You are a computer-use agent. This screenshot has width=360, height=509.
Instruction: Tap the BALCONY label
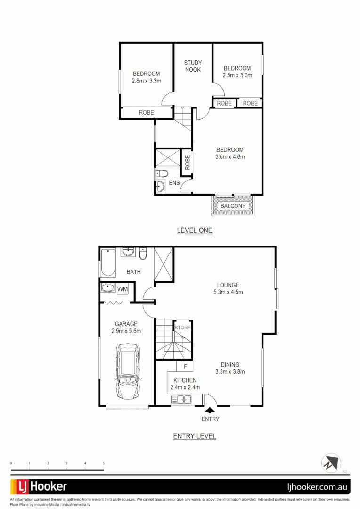click(x=233, y=206)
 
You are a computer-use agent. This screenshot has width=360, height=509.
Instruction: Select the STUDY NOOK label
click(x=193, y=66)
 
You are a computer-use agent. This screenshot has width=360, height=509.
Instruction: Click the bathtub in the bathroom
click(x=107, y=263)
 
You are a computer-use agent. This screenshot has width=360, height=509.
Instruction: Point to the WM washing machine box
click(x=123, y=288)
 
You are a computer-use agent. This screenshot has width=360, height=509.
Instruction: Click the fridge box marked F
click(x=186, y=366)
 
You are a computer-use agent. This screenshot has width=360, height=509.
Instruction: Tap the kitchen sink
click(x=181, y=400)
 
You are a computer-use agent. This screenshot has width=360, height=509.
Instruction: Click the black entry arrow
click(x=209, y=410)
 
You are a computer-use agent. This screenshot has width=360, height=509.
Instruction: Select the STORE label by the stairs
click(x=183, y=328)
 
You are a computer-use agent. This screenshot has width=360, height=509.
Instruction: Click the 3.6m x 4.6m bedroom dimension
click(x=230, y=157)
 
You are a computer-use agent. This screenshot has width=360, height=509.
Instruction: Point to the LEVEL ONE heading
click(x=195, y=230)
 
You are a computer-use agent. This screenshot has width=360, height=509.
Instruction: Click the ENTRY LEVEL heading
click(x=195, y=436)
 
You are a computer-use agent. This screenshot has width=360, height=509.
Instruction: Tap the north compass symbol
click(x=331, y=462)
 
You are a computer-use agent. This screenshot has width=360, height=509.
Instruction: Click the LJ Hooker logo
click(x=39, y=486)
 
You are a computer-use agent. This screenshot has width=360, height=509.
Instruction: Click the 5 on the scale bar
click(x=104, y=464)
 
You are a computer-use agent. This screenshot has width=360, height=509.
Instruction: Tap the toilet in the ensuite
click(x=160, y=172)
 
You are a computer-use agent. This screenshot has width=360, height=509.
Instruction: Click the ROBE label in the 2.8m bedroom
click(x=146, y=113)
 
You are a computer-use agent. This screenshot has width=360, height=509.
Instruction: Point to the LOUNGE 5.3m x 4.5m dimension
click(x=228, y=292)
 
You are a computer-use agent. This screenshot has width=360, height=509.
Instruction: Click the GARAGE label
click(x=126, y=324)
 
